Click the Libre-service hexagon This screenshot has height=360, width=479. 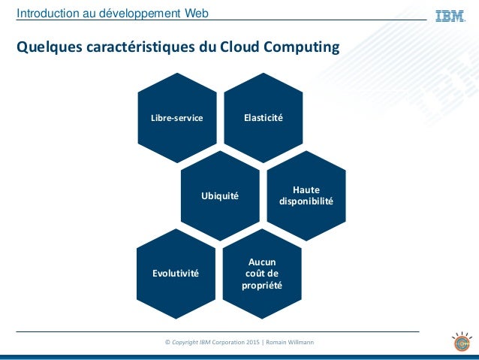[177, 118]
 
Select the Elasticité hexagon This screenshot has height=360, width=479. [263, 118]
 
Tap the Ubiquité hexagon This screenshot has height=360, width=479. [219, 196]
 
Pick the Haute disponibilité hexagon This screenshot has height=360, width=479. [306, 196]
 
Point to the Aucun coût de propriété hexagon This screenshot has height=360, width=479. [262, 274]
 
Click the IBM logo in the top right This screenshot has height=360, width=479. [450, 15]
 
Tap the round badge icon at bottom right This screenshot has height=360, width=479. [460, 341]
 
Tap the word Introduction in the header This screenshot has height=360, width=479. [48, 13]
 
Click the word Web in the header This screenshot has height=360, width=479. [196, 13]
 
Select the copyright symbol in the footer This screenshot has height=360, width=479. [167, 343]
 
